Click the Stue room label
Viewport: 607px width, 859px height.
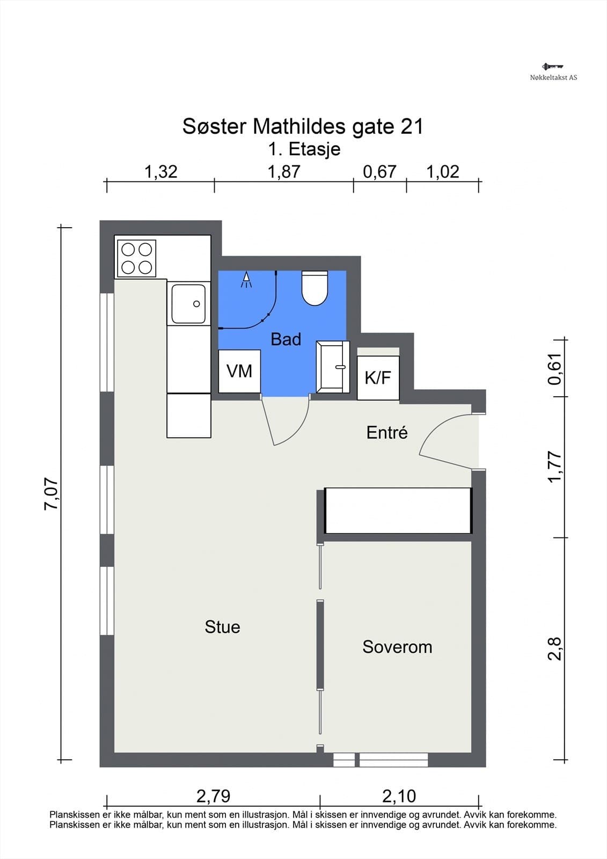(x=222, y=627)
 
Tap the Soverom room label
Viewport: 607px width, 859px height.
(x=397, y=647)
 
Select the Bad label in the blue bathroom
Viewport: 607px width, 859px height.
(x=286, y=339)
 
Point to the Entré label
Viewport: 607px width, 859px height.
(x=387, y=433)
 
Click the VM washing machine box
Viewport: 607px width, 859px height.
(x=239, y=371)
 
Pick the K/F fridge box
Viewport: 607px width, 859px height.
(x=378, y=378)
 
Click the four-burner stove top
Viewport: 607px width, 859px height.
(x=136, y=258)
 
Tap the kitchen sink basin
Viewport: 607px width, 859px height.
(x=188, y=304)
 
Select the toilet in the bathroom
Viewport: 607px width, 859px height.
(x=315, y=288)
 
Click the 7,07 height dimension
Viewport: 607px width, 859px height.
(x=52, y=494)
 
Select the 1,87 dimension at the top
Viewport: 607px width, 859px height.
(x=284, y=172)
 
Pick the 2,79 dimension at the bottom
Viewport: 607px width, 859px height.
(x=213, y=796)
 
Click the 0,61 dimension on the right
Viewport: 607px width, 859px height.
(x=555, y=369)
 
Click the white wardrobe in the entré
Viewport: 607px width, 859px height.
(x=398, y=511)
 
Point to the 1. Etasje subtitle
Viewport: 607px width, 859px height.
(x=304, y=149)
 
